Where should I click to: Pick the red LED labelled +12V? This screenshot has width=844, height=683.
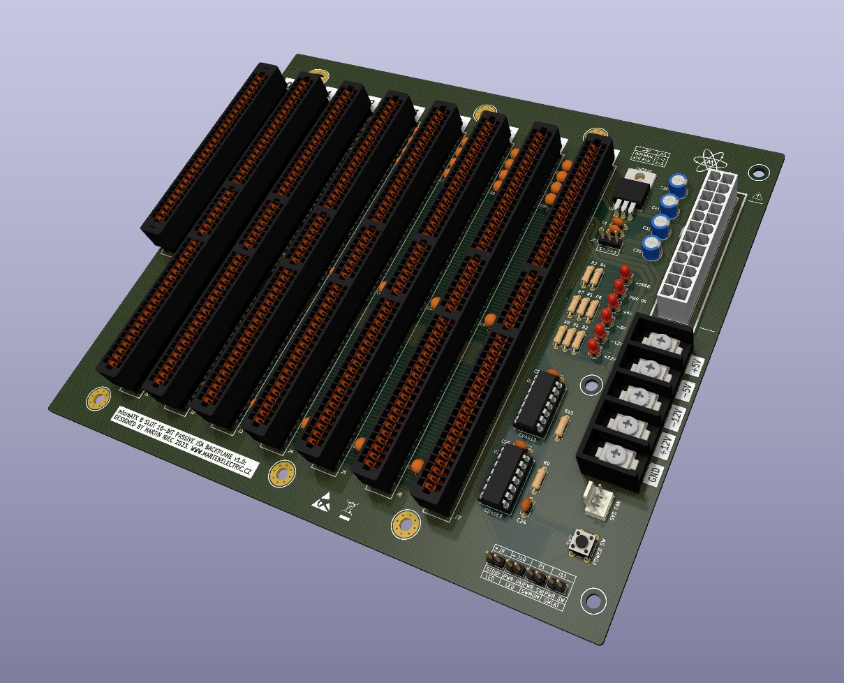pos(593,346)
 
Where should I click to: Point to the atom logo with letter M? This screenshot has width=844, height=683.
pos(711,162)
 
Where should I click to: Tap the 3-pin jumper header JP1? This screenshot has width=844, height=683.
pos(612,237)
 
